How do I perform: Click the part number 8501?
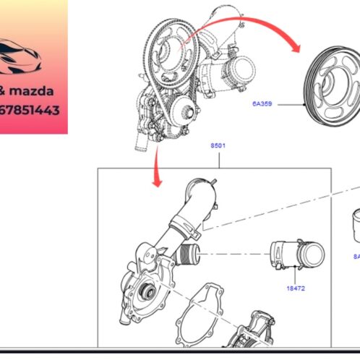pyautogui.click(x=218, y=145)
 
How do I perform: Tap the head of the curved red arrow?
pyautogui.click(x=296, y=48)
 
